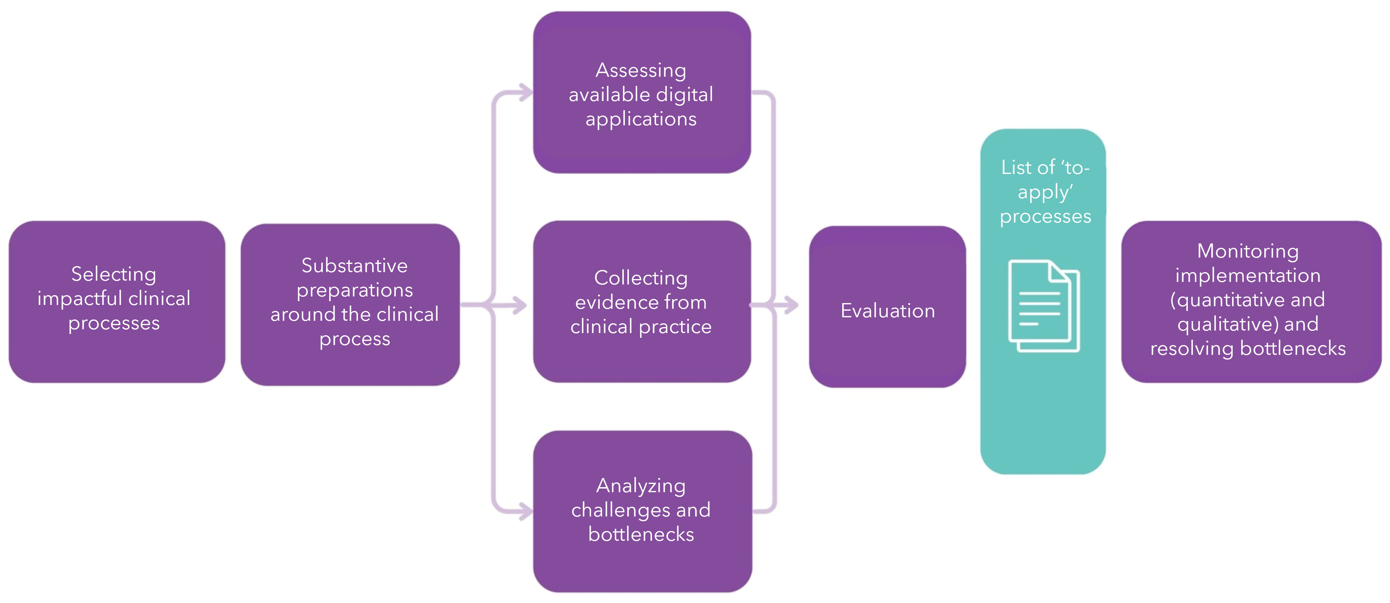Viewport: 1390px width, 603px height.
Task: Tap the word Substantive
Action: pyautogui.click(x=354, y=266)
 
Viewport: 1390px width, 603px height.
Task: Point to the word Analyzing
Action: pyautogui.click(x=641, y=486)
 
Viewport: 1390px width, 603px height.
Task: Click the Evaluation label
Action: pyautogui.click(x=888, y=311)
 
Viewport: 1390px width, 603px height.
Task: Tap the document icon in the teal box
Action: pyautogui.click(x=1044, y=306)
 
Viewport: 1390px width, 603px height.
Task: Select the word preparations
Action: pyautogui.click(x=354, y=290)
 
